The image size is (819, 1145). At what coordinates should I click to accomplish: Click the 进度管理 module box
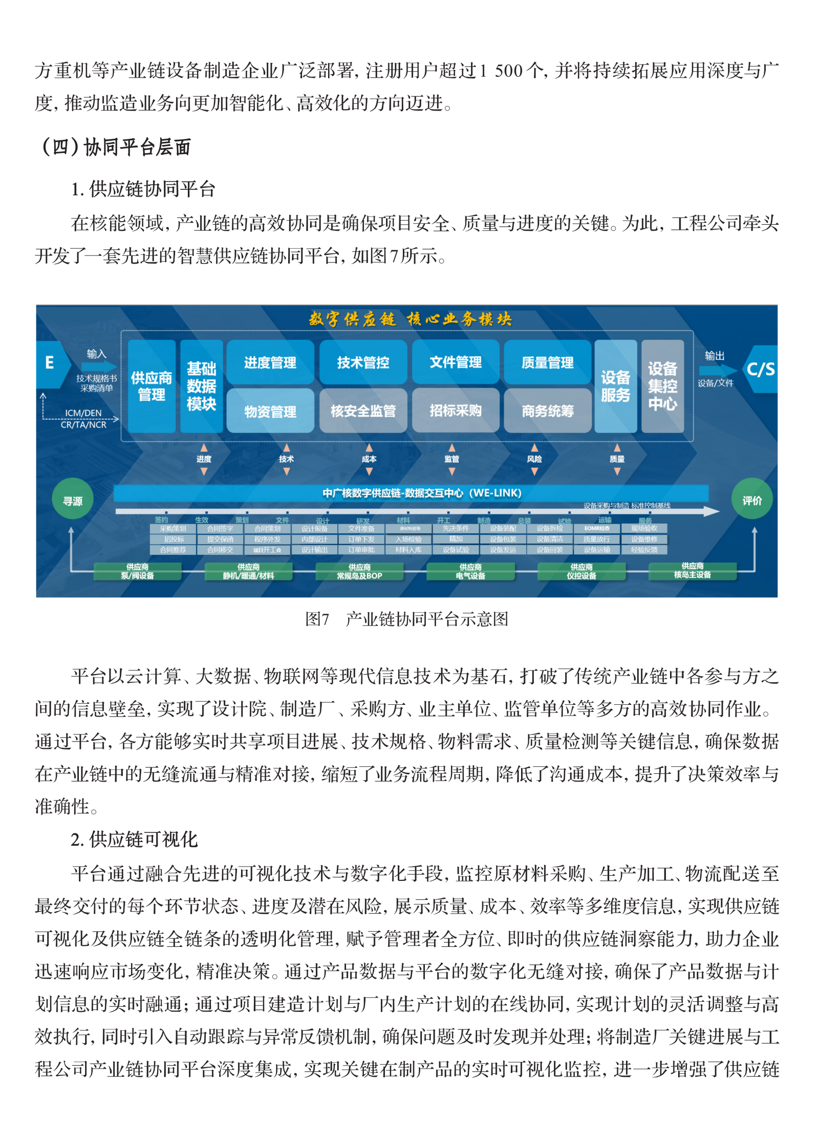[270, 362]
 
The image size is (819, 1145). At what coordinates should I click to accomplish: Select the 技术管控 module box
[363, 362]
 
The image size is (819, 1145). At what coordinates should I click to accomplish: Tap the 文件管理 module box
[455, 362]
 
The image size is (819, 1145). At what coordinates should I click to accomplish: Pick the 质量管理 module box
[547, 362]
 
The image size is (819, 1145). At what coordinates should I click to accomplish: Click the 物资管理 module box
[270, 411]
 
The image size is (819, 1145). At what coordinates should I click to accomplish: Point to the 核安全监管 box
[363, 411]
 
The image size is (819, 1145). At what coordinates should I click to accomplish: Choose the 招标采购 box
[455, 411]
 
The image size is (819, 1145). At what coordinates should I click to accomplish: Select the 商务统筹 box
[547, 411]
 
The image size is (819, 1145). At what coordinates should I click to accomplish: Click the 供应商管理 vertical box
[152, 386]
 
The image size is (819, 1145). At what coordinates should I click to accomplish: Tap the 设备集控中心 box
[662, 386]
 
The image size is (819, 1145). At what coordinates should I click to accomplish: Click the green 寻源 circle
[73, 500]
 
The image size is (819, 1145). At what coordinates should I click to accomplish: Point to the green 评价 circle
[752, 500]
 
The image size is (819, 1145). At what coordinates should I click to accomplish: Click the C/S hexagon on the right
[761, 369]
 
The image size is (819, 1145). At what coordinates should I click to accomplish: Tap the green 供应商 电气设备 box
[470, 571]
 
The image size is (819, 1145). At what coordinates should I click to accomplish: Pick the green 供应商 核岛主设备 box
[692, 571]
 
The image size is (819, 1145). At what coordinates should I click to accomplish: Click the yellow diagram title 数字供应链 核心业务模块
[410, 319]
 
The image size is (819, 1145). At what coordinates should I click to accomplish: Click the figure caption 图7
[317, 619]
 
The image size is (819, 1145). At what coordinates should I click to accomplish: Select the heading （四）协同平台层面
[116, 147]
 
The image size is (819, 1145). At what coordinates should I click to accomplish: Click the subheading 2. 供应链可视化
[134, 839]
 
